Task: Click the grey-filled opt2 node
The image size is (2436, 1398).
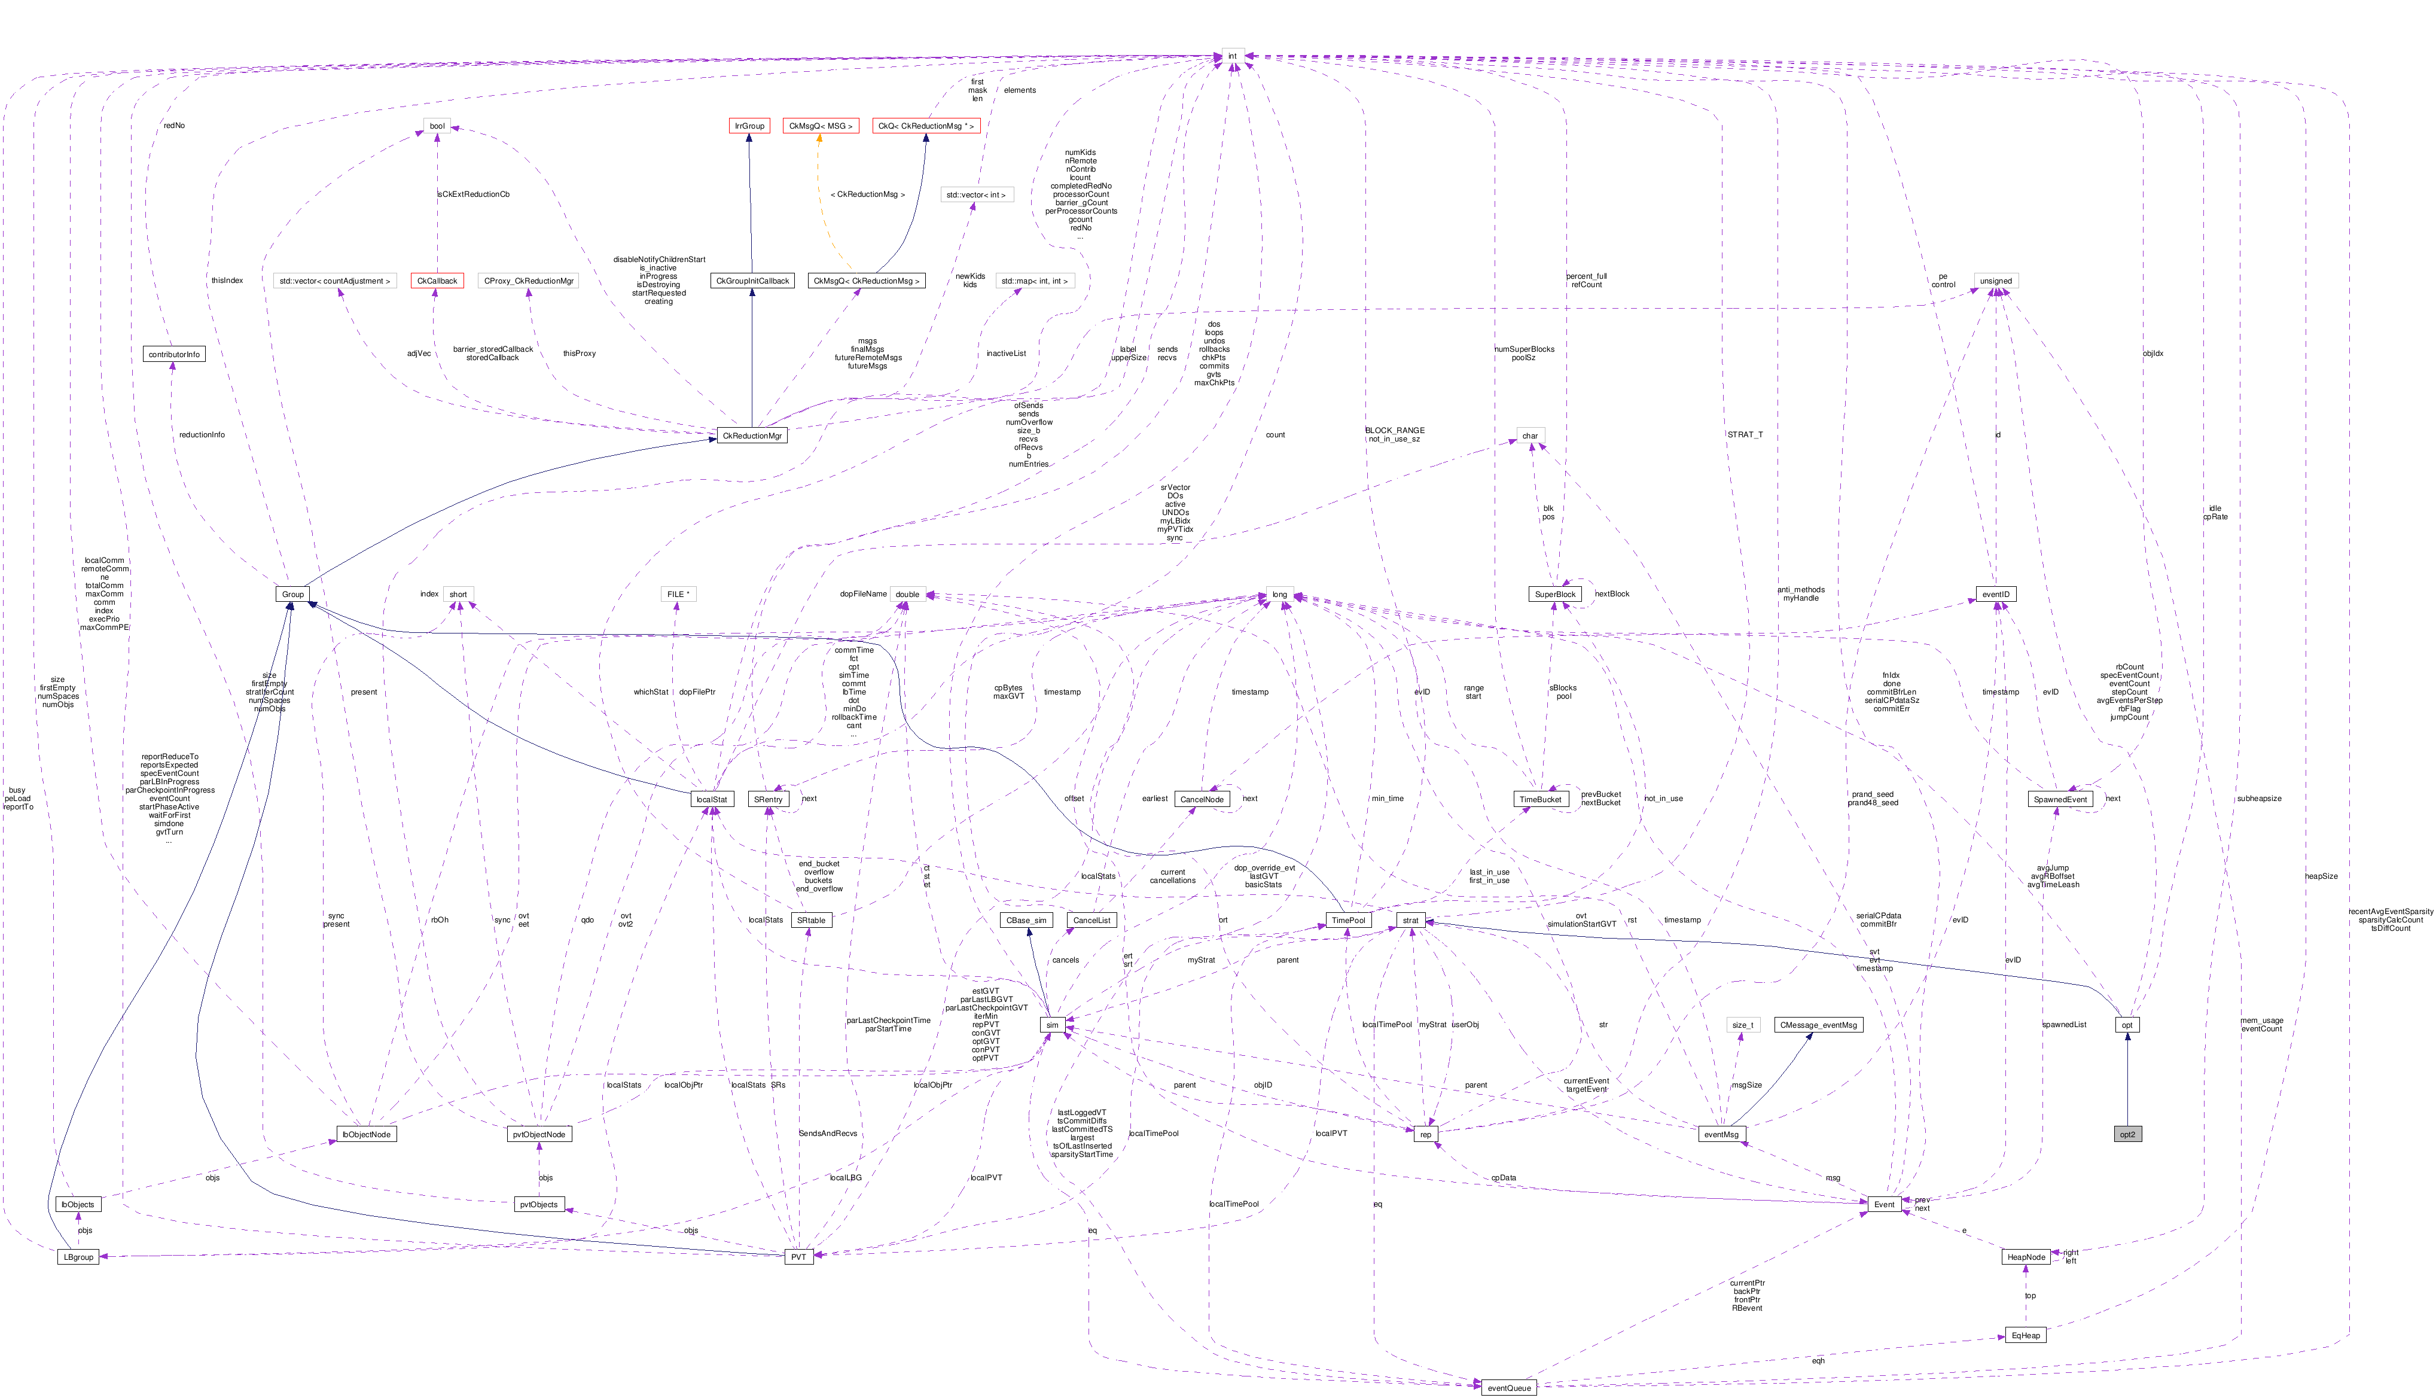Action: tap(2127, 1134)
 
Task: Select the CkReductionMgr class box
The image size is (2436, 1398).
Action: tap(752, 436)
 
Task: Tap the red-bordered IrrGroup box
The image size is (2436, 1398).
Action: tap(749, 126)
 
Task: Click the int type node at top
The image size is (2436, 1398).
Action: tap(1233, 56)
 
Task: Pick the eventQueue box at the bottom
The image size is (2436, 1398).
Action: tap(1509, 1387)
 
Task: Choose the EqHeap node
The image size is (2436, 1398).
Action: tap(2025, 1336)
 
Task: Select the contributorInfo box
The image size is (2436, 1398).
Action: tap(173, 354)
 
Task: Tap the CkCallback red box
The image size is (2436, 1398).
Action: tap(437, 281)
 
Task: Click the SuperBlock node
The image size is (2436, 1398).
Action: tap(1555, 595)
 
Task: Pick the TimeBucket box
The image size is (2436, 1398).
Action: tap(1541, 799)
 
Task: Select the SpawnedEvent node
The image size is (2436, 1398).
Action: tap(2060, 799)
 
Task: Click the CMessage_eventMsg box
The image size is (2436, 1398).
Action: tap(1818, 1025)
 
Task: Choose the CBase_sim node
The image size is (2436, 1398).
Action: tap(1026, 920)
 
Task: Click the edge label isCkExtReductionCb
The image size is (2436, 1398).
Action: tap(473, 194)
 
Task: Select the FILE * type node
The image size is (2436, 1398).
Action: tap(678, 595)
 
